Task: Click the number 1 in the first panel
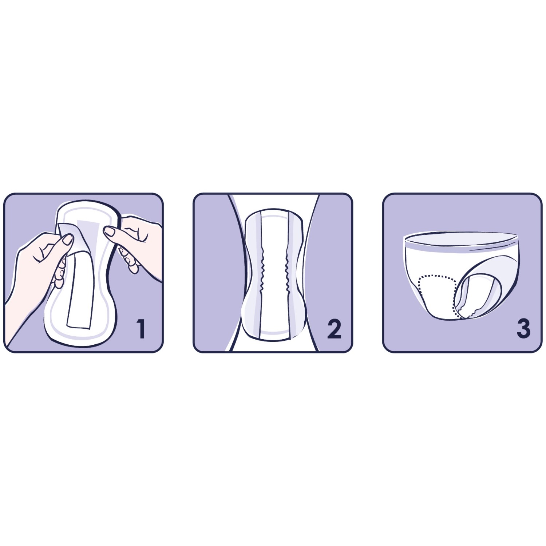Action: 141,328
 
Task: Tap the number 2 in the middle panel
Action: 334,329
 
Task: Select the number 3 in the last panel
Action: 523,328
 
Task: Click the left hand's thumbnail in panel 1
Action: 67,240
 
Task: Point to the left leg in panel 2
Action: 215,273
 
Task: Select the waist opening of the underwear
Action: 460,238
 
